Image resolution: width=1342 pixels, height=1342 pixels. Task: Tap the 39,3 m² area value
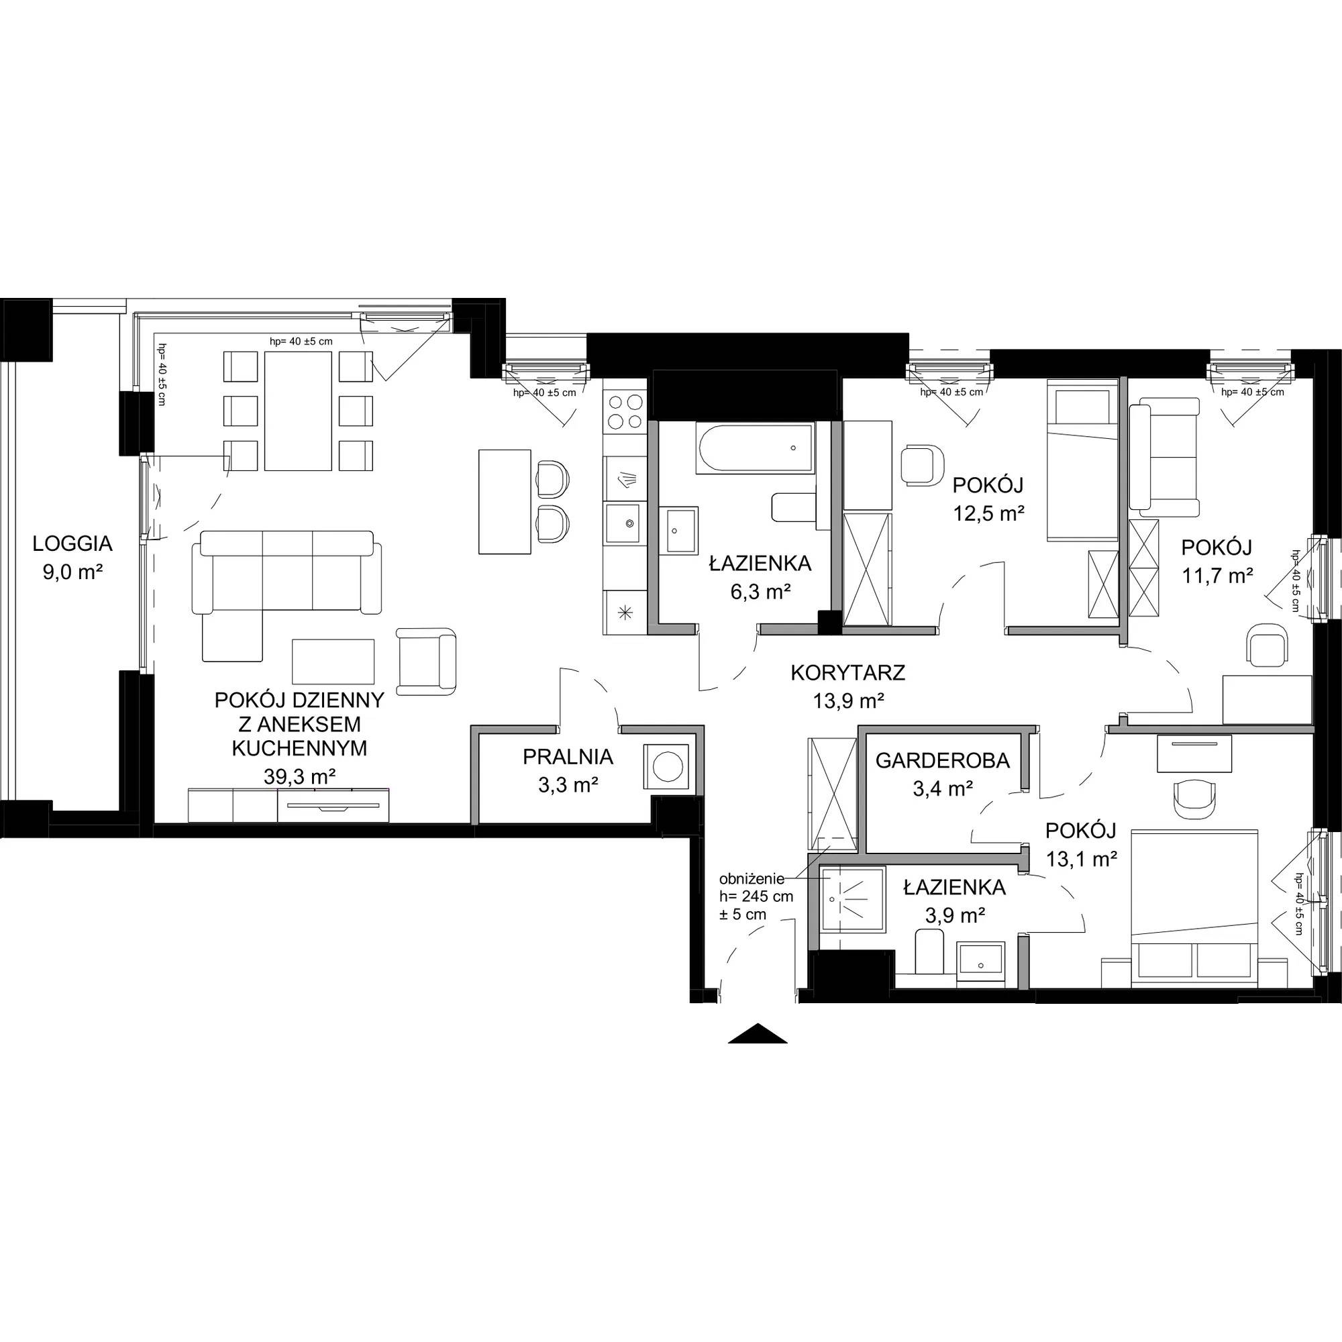(x=300, y=776)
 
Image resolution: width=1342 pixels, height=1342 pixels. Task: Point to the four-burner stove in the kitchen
(x=625, y=411)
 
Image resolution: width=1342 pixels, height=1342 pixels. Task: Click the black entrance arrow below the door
(x=758, y=1033)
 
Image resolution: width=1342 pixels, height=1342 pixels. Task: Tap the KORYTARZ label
(x=847, y=672)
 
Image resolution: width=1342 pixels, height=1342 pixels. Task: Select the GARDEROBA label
(x=943, y=761)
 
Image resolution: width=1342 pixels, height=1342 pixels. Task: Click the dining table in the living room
(x=298, y=411)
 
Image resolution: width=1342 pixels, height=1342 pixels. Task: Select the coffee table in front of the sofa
(x=333, y=662)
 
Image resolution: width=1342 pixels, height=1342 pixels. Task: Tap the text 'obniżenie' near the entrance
(x=752, y=878)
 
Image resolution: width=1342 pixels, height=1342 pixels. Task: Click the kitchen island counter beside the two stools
(x=505, y=501)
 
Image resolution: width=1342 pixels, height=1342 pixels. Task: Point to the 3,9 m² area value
(x=955, y=915)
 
